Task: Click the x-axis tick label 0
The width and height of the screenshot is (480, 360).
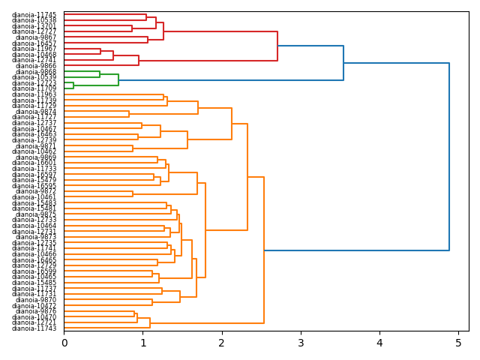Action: [64, 343]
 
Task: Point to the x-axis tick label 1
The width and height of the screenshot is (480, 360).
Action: [142, 343]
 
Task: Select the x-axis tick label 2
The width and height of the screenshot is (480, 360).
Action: [222, 343]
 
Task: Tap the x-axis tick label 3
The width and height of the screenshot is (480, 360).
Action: [301, 343]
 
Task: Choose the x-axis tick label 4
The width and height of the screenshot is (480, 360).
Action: [379, 343]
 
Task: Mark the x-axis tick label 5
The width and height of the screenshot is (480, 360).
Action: [458, 343]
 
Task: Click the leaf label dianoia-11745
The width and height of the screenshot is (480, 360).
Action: [34, 15]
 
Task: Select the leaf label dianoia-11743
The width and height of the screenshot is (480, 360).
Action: [34, 328]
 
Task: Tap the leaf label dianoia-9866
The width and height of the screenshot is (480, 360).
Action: [36, 66]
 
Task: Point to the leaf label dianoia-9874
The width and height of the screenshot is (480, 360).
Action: [36, 112]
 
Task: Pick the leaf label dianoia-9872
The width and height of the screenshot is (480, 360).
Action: [36, 191]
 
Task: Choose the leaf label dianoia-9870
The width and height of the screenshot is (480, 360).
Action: [36, 300]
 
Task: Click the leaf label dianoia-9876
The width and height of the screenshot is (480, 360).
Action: [36, 311]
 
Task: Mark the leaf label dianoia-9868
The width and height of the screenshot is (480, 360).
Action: [36, 72]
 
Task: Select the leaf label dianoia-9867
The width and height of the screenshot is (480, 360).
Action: [36, 37]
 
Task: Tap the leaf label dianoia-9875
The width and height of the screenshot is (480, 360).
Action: [36, 214]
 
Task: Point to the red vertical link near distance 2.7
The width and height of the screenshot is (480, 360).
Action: [277, 46]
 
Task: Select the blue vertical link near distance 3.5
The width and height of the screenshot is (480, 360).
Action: [343, 63]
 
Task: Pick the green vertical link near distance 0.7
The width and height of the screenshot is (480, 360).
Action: [118, 80]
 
